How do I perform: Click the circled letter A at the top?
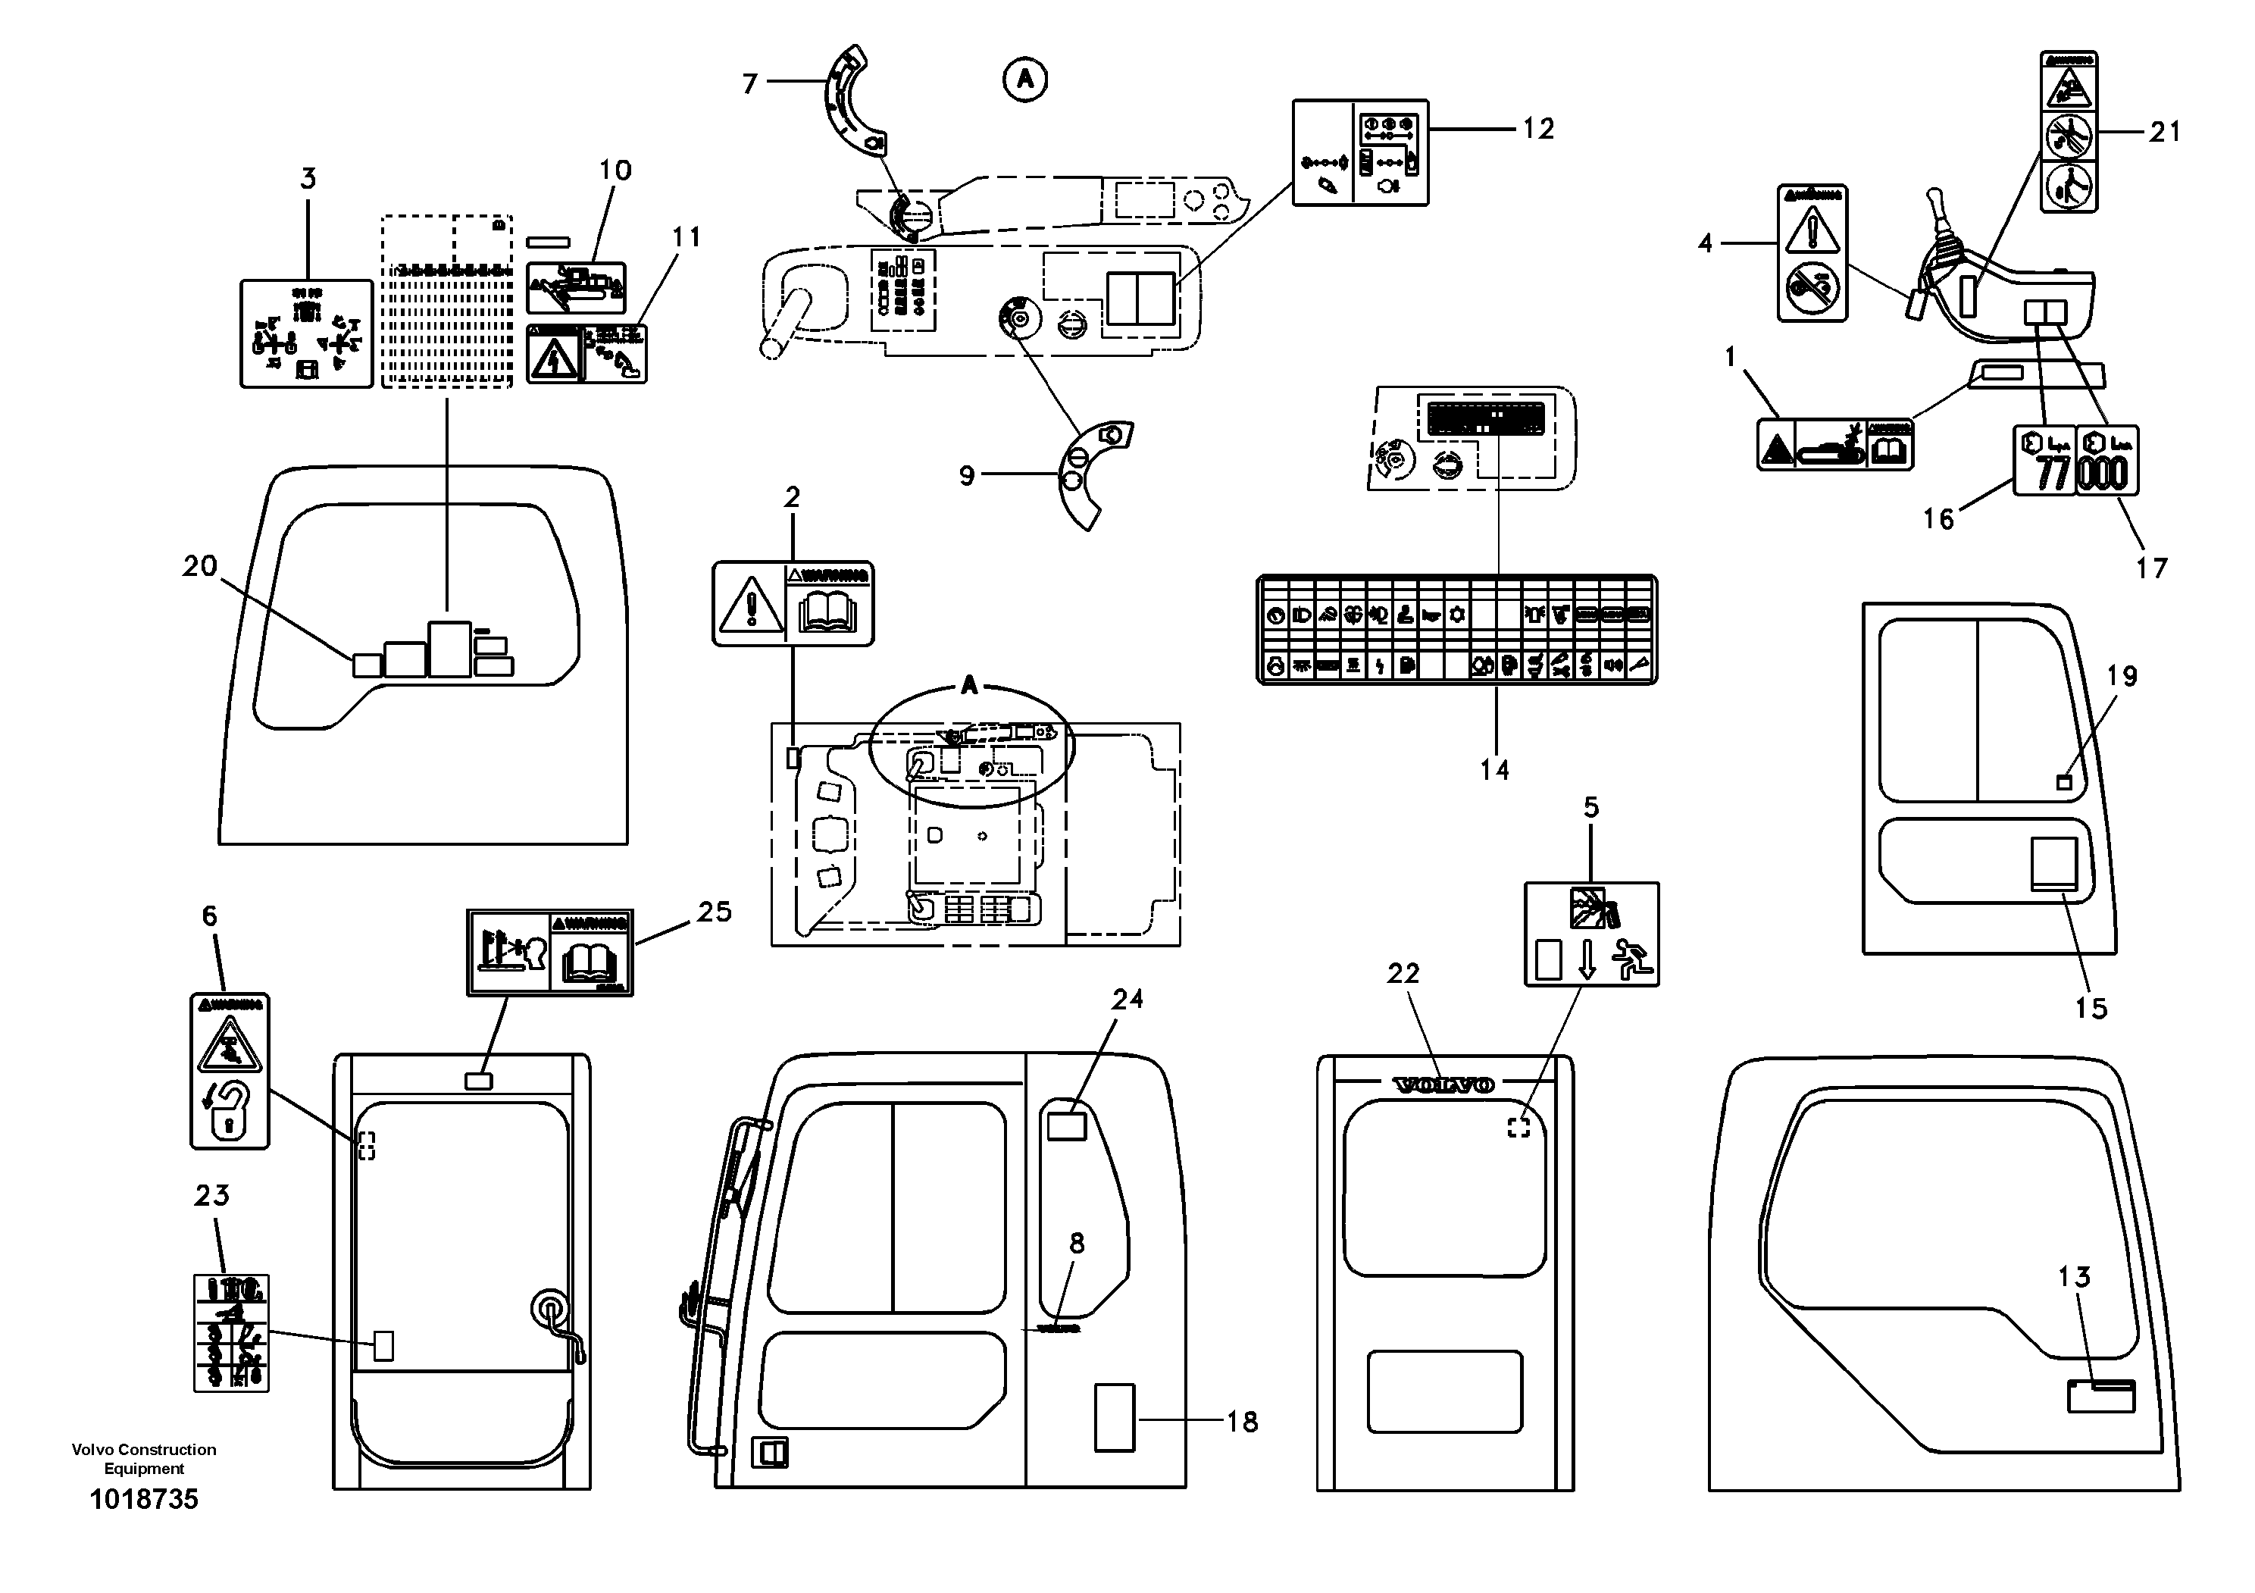tap(1024, 80)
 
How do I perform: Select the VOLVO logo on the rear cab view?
tap(1443, 1085)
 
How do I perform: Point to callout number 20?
tap(199, 567)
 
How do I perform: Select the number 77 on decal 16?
tap(2052, 474)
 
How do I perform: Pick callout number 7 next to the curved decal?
tap(749, 84)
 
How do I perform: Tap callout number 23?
tap(211, 1195)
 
